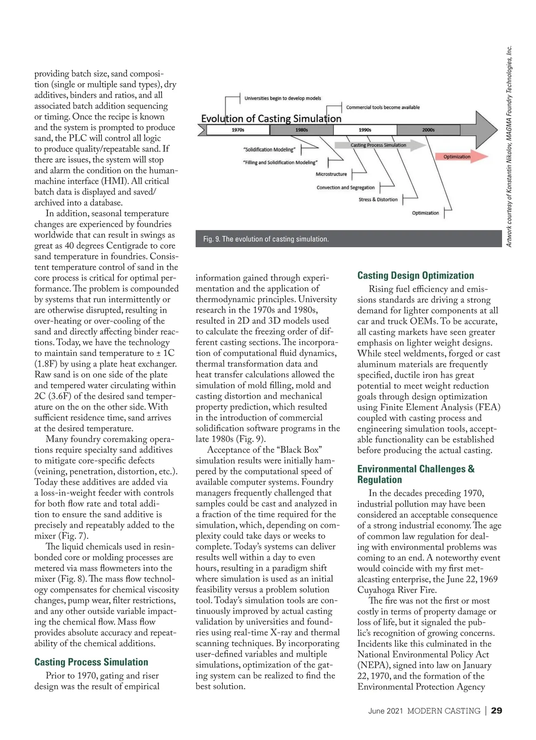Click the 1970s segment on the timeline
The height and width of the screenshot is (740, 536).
238,130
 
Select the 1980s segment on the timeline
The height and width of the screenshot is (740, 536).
301,130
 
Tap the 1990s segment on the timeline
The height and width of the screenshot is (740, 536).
365,130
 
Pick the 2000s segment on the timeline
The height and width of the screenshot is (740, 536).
428,130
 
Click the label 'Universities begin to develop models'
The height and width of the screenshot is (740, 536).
282,98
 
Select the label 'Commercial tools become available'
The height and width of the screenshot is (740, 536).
383,107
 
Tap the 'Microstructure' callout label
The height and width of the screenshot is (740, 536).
331,174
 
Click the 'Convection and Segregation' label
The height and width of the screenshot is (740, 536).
345,188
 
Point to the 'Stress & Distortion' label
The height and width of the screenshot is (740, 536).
378,200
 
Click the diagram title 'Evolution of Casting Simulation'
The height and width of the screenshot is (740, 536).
271,119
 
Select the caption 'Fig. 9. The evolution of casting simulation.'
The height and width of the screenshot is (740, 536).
266,239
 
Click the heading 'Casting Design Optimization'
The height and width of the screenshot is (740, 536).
415,276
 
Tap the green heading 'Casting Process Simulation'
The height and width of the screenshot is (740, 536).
91,662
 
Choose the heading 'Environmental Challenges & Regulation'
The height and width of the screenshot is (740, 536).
415,474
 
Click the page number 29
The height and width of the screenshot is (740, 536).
496,711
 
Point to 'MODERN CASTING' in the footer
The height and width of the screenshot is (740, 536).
444,711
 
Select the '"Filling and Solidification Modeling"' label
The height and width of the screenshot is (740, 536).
280,163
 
